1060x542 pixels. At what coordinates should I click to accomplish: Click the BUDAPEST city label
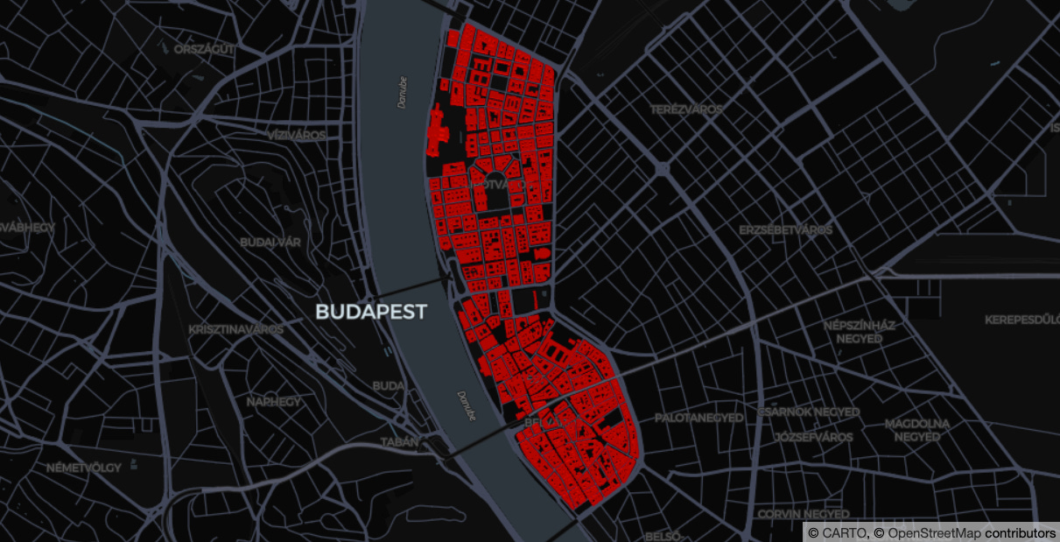click(x=371, y=312)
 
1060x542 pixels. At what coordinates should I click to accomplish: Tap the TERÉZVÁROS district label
click(x=687, y=109)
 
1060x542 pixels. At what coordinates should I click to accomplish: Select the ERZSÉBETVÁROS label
click(x=785, y=230)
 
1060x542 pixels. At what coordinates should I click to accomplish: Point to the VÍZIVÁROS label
click(x=297, y=136)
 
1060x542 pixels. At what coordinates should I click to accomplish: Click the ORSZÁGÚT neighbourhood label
click(x=204, y=49)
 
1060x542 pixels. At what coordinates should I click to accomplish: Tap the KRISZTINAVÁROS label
click(x=235, y=330)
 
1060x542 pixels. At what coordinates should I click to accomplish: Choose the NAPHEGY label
click(x=273, y=402)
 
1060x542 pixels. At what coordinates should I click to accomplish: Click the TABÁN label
click(x=399, y=442)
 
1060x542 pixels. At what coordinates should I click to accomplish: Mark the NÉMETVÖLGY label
click(x=84, y=468)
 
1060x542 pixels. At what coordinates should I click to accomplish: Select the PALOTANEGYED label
click(x=699, y=419)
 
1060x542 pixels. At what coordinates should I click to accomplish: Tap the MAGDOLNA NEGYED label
click(x=916, y=430)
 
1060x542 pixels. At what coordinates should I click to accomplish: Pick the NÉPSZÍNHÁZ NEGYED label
click(x=860, y=332)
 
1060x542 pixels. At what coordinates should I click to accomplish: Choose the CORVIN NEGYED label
click(x=803, y=514)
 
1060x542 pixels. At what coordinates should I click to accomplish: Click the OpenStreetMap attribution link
click(x=935, y=533)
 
